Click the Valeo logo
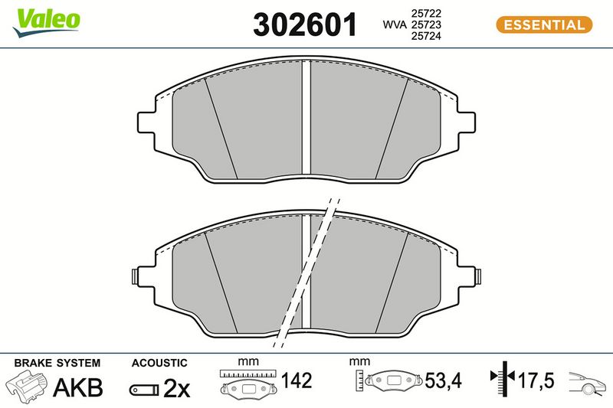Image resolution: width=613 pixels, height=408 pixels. [47, 22]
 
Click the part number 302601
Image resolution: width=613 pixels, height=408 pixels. [305, 24]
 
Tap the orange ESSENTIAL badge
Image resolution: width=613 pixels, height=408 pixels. [544, 24]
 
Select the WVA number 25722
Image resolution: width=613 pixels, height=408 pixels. [426, 13]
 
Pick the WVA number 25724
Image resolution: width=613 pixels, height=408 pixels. [426, 36]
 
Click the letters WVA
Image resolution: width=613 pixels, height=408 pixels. [395, 24]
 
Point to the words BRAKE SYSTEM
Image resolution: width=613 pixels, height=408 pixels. [57, 363]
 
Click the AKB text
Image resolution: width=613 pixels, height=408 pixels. [78, 387]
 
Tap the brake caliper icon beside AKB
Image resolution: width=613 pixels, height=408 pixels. [27, 386]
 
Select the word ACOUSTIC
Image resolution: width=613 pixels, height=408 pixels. [159, 363]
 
